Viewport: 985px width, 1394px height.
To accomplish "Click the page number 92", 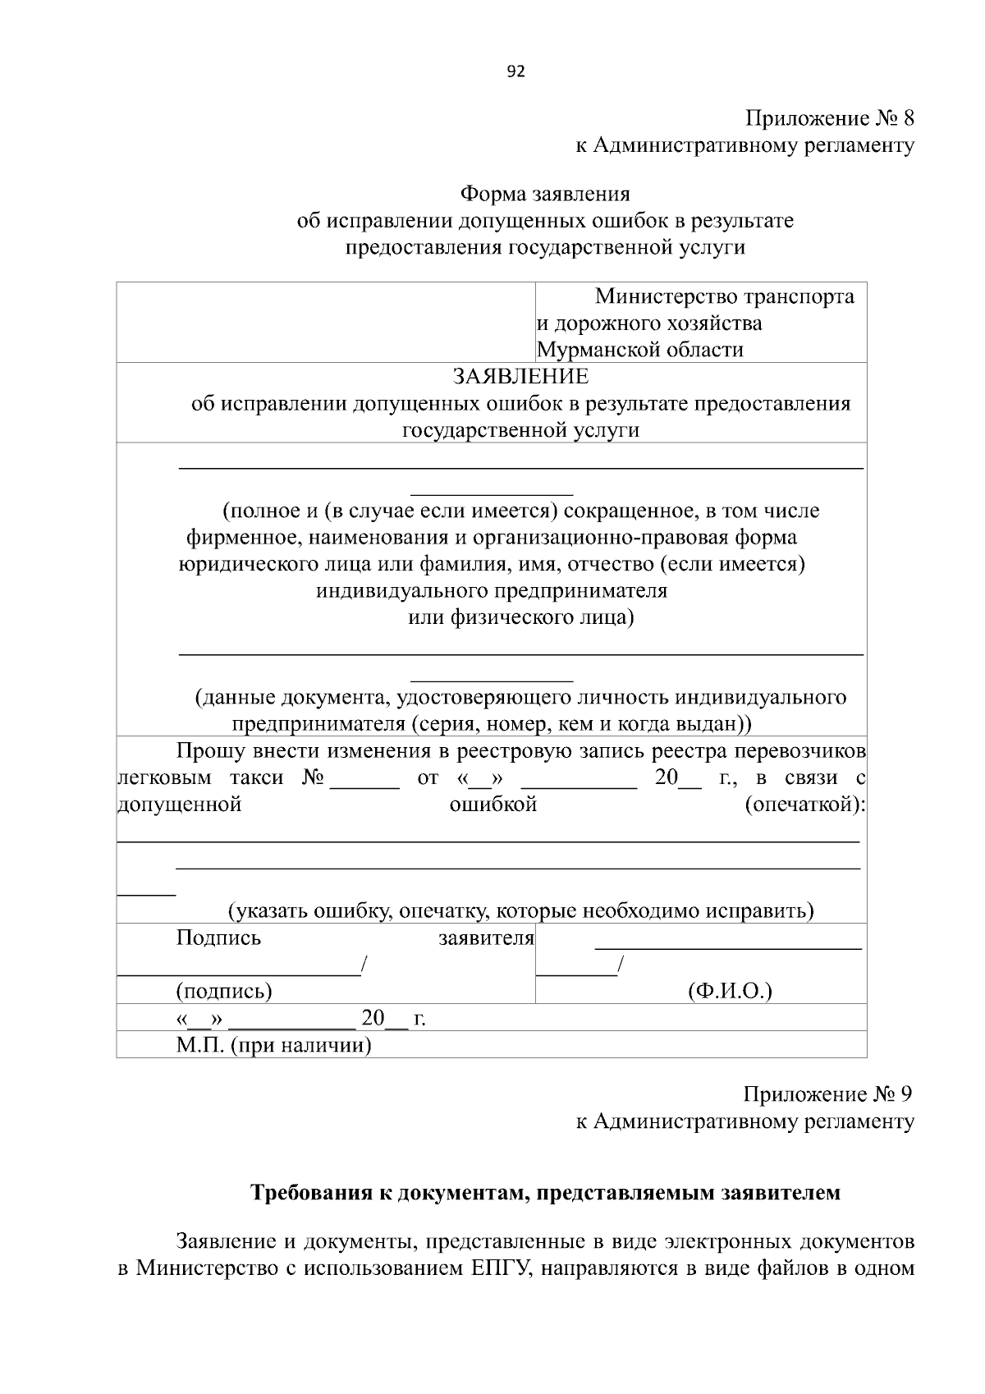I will [515, 71].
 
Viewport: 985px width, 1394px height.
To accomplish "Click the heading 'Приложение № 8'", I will [829, 118].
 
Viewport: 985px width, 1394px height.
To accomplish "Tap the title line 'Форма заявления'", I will [544, 194].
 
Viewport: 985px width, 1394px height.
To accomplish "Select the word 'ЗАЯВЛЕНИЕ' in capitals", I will [520, 376].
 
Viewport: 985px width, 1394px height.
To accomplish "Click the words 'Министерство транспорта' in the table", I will [724, 296].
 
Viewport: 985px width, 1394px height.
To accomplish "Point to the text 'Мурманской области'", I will [639, 350].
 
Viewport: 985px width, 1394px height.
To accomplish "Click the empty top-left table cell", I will [325, 322].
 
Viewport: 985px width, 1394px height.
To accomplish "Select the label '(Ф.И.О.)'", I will [730, 991].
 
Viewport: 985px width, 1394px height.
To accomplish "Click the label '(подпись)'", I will [223, 991].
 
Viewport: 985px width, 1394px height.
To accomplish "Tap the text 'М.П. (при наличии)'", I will [273, 1045].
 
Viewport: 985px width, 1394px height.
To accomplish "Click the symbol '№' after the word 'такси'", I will [313, 777].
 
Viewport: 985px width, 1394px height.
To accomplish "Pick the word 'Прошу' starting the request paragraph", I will [204, 750].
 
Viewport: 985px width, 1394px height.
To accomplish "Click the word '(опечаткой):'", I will [805, 804].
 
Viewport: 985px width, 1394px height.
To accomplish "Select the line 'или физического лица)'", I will [521, 617].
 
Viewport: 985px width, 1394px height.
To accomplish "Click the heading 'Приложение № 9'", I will [827, 1094].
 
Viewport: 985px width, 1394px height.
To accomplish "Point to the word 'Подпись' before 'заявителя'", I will [218, 938].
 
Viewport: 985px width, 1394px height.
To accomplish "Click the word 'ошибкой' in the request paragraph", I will [492, 804].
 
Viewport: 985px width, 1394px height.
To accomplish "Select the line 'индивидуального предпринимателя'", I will [492, 590].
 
